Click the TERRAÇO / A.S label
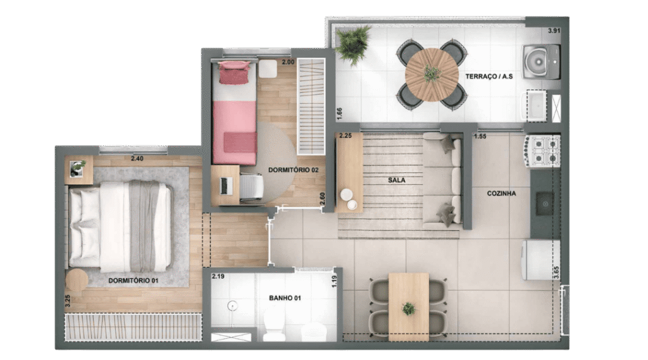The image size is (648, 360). click(x=489, y=77)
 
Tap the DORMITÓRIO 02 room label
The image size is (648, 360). click(x=293, y=170)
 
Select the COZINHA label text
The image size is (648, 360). click(x=501, y=193)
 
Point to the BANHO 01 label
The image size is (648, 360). click(x=285, y=297)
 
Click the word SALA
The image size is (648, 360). click(x=396, y=180)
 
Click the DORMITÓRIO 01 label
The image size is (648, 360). click(x=133, y=281)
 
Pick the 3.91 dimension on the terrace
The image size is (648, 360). click(x=554, y=30)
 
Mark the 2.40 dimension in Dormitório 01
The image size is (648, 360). click(x=137, y=158)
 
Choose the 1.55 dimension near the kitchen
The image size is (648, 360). click(x=480, y=137)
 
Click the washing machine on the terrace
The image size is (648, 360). click(x=541, y=62)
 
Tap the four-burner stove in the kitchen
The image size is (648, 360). click(x=542, y=151)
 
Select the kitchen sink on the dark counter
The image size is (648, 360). click(x=545, y=204)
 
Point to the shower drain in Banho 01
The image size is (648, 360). click(x=233, y=306)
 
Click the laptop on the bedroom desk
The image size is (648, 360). click(x=223, y=186)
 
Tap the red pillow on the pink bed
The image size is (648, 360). click(x=234, y=72)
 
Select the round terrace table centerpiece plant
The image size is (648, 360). click(x=432, y=74)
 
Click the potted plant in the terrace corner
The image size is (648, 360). click(x=352, y=44)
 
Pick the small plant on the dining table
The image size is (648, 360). click(x=409, y=308)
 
